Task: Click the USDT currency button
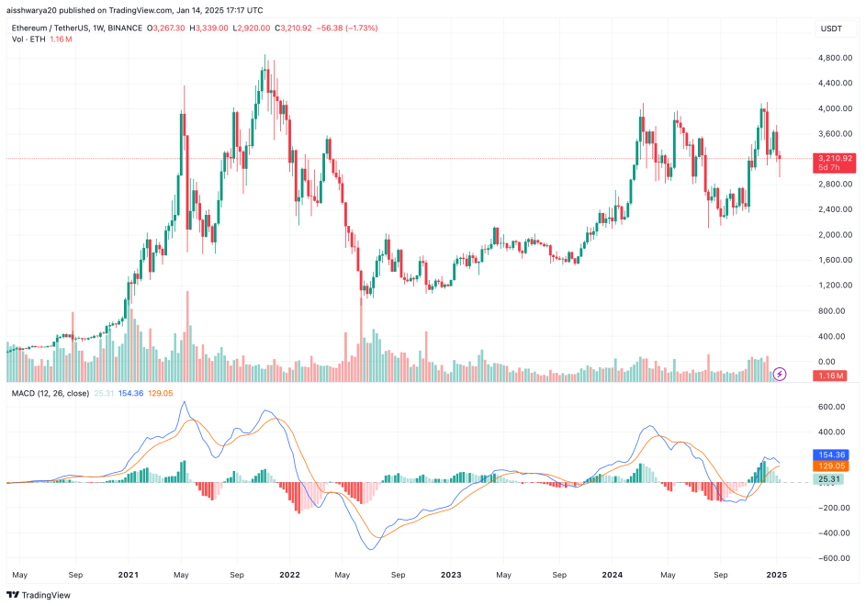point(831,29)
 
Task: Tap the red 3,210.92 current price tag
point(836,158)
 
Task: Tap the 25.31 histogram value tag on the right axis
point(832,479)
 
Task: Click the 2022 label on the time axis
point(289,576)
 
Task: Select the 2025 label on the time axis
point(777,576)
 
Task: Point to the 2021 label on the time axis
point(129,576)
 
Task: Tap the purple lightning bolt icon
point(780,374)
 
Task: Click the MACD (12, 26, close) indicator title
point(50,393)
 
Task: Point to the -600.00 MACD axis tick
point(834,557)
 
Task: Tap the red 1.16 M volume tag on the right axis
point(832,376)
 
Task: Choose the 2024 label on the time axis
point(613,576)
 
